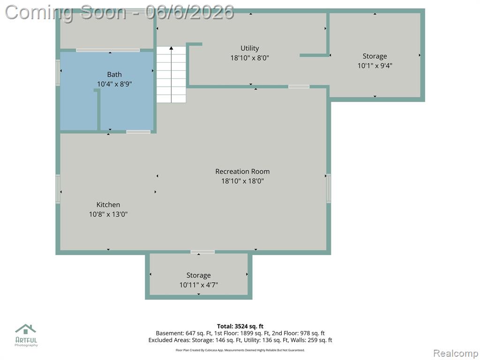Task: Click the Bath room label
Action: [114, 75]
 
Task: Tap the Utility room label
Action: [249, 48]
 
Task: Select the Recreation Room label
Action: [242, 172]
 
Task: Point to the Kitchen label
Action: [108, 205]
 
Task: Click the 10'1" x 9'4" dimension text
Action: [375, 66]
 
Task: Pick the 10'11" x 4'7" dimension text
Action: [199, 285]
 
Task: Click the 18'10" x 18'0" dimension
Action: [242, 181]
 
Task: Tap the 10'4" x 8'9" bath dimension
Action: [114, 84]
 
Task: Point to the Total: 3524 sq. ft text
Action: [240, 326]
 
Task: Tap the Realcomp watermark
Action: [456, 353]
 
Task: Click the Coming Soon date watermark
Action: [120, 13]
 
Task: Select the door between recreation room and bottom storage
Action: [202, 252]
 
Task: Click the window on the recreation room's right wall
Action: [329, 188]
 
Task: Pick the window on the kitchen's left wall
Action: [58, 189]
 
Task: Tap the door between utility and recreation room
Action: [299, 87]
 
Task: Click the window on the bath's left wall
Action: [58, 73]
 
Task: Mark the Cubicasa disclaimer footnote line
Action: [240, 350]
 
